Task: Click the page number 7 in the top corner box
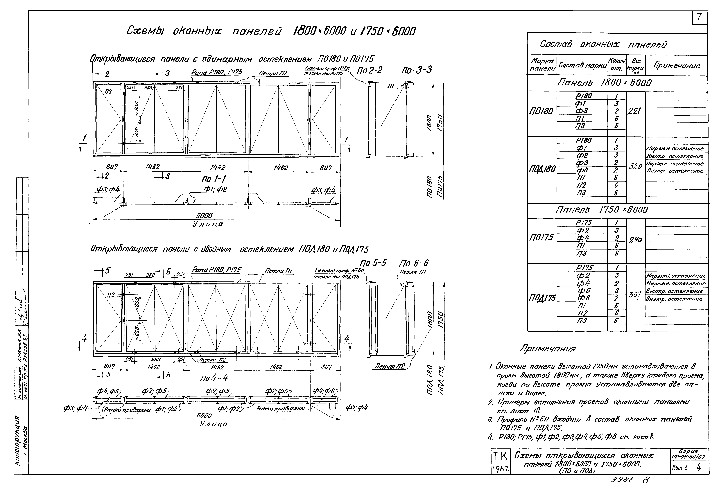699,18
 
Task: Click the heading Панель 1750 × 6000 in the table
601,210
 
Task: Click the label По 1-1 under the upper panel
214,179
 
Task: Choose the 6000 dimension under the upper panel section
204,215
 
